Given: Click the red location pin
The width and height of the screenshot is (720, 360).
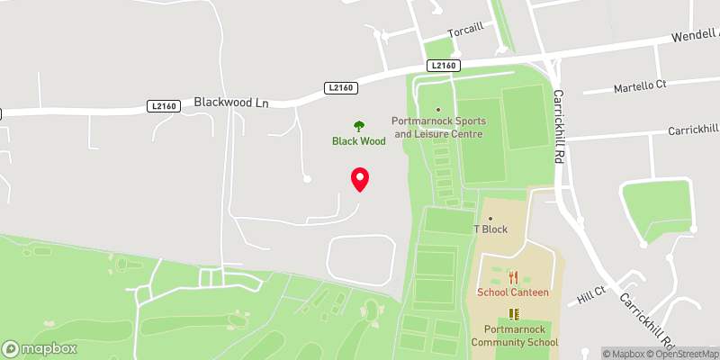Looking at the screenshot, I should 360,179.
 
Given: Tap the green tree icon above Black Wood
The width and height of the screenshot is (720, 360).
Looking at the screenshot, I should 359,126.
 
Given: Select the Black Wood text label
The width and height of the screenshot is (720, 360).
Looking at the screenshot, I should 359,141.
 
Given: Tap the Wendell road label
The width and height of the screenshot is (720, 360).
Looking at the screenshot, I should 694,38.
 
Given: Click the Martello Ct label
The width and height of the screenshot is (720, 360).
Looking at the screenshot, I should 639,86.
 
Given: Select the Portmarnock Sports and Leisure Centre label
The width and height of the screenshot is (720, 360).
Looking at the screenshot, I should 438,128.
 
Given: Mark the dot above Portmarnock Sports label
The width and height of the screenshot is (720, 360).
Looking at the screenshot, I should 438,110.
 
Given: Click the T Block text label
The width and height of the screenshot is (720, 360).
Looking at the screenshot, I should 490,229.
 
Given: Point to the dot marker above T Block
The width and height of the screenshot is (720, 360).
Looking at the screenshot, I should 490,218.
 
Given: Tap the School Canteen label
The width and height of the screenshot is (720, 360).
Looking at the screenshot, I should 513,293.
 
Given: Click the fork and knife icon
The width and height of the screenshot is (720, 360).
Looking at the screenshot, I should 513,278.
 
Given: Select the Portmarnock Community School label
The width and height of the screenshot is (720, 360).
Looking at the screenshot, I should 514,336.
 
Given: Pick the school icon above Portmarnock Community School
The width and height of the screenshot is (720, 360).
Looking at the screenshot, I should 514,313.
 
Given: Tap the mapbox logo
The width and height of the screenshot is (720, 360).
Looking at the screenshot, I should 38,348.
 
